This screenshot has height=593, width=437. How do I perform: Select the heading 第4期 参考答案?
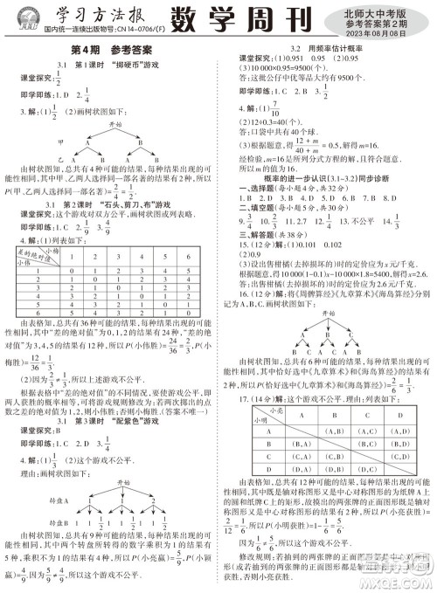(x=109, y=51)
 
